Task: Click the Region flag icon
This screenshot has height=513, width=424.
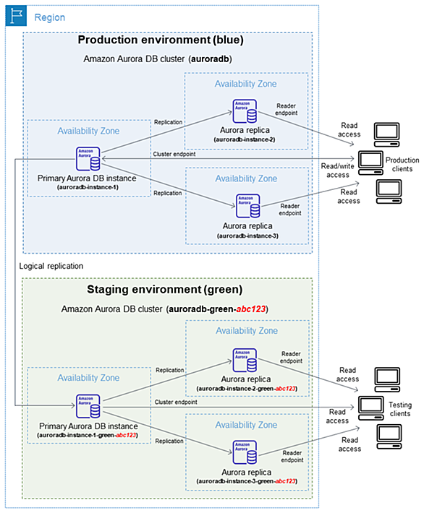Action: pyautogui.click(x=16, y=16)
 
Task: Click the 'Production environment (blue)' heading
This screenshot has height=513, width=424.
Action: pyautogui.click(x=161, y=40)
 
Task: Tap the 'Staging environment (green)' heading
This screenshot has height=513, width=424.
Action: pyautogui.click(x=164, y=290)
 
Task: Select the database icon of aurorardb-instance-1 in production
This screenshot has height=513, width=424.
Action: pyautogui.click(x=88, y=159)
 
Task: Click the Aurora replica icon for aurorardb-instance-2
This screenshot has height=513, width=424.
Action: pyautogui.click(x=245, y=111)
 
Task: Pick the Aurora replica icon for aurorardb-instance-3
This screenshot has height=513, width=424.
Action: pyautogui.click(x=248, y=206)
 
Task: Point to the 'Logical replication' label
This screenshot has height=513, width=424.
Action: pyautogui.click(x=51, y=266)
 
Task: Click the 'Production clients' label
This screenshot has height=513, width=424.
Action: pyautogui.click(x=402, y=164)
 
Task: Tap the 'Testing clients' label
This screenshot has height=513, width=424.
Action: pyautogui.click(x=400, y=409)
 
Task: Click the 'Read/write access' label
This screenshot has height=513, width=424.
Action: pyautogui.click(x=337, y=171)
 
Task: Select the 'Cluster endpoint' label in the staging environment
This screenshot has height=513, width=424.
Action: pyautogui.click(x=176, y=402)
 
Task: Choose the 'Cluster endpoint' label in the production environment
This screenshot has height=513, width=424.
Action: pyautogui.click(x=174, y=154)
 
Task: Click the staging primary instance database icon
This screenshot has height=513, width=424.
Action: pyautogui.click(x=88, y=406)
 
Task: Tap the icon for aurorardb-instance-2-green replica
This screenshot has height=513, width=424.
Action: pyautogui.click(x=245, y=361)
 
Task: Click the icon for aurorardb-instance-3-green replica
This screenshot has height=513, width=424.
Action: pyautogui.click(x=245, y=452)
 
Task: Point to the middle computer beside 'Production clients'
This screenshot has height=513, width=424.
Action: pyautogui.click(x=370, y=163)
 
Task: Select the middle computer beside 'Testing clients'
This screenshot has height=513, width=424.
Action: pyautogui.click(x=371, y=408)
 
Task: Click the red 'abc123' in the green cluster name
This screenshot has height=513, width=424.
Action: pyautogui.click(x=251, y=309)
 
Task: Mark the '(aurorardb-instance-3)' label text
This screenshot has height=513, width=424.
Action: pyautogui.click(x=247, y=236)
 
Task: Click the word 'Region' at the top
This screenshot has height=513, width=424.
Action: pyautogui.click(x=50, y=17)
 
